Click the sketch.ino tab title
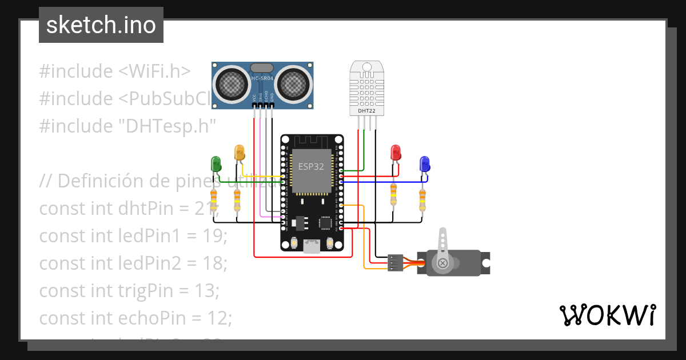coord(101,25)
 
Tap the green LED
coord(216,164)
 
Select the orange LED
coord(239,153)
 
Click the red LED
coord(395,153)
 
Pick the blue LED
coord(424,164)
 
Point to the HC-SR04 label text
coord(263,78)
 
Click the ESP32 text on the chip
coord(312,166)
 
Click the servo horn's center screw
coord(442,263)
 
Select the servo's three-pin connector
coord(394,263)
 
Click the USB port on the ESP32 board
coord(312,246)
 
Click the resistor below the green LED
coord(214,201)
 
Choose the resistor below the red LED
coord(393,194)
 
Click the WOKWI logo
coord(607,315)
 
